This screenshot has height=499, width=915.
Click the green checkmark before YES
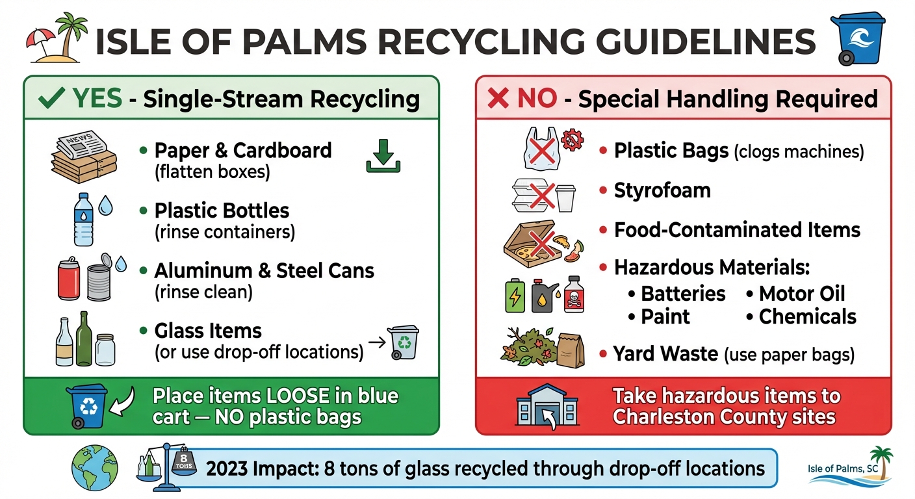[x=51, y=98]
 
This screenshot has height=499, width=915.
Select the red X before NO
[x=498, y=98]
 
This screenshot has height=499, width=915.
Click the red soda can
[x=70, y=279]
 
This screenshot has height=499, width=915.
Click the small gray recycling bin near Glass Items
[x=404, y=342]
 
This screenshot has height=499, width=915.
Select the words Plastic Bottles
[x=222, y=211]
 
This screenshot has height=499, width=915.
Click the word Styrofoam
[x=662, y=190]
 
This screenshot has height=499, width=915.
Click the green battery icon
[x=515, y=297]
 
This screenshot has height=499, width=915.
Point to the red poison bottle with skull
[x=574, y=294]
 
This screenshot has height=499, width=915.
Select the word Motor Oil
[x=802, y=293]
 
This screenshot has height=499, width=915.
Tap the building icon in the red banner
[x=546, y=407]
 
